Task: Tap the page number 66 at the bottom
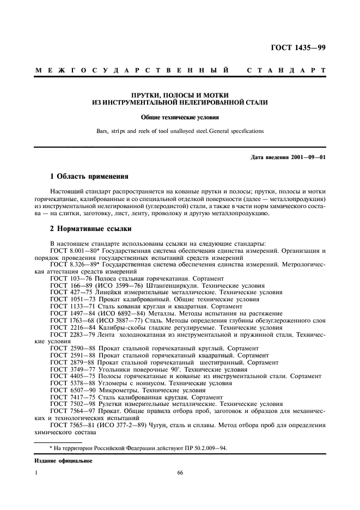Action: pos(180,473)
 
